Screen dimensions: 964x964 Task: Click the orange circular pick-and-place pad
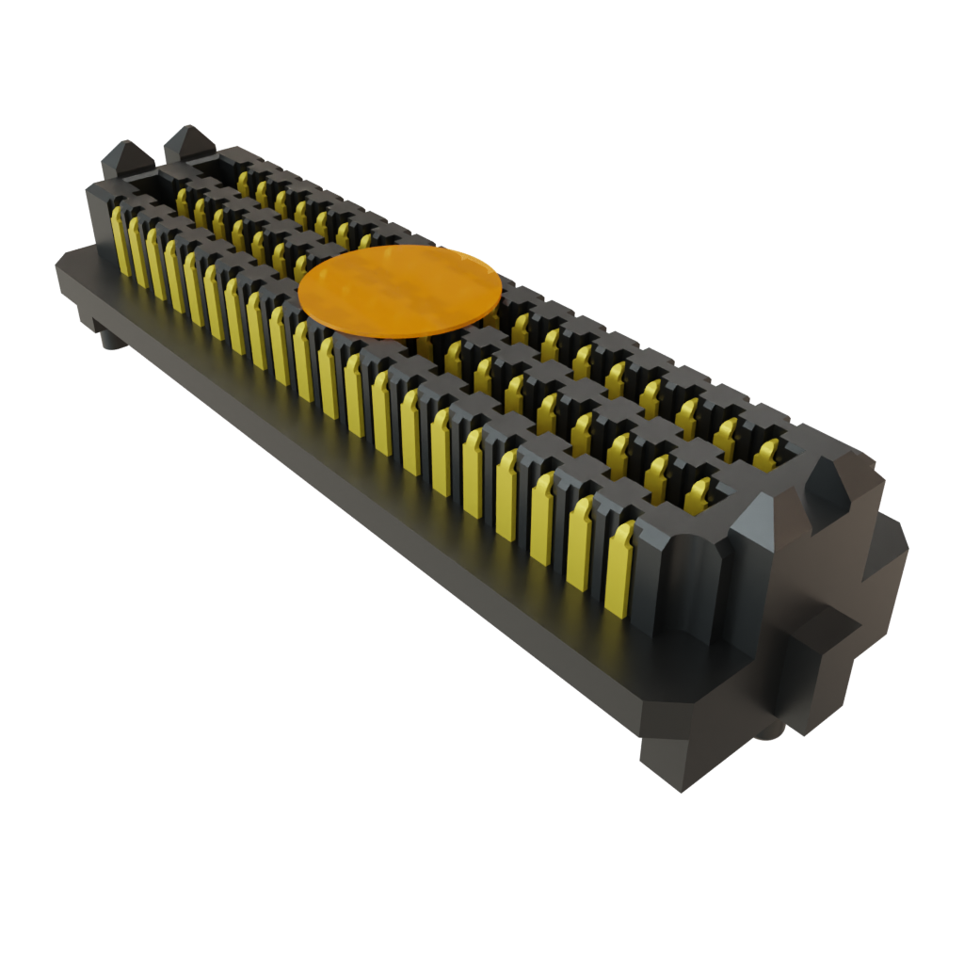398,290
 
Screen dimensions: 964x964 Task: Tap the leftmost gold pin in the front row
120,241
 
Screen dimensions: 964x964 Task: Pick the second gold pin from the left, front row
137,251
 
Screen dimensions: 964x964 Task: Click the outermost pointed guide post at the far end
126,155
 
